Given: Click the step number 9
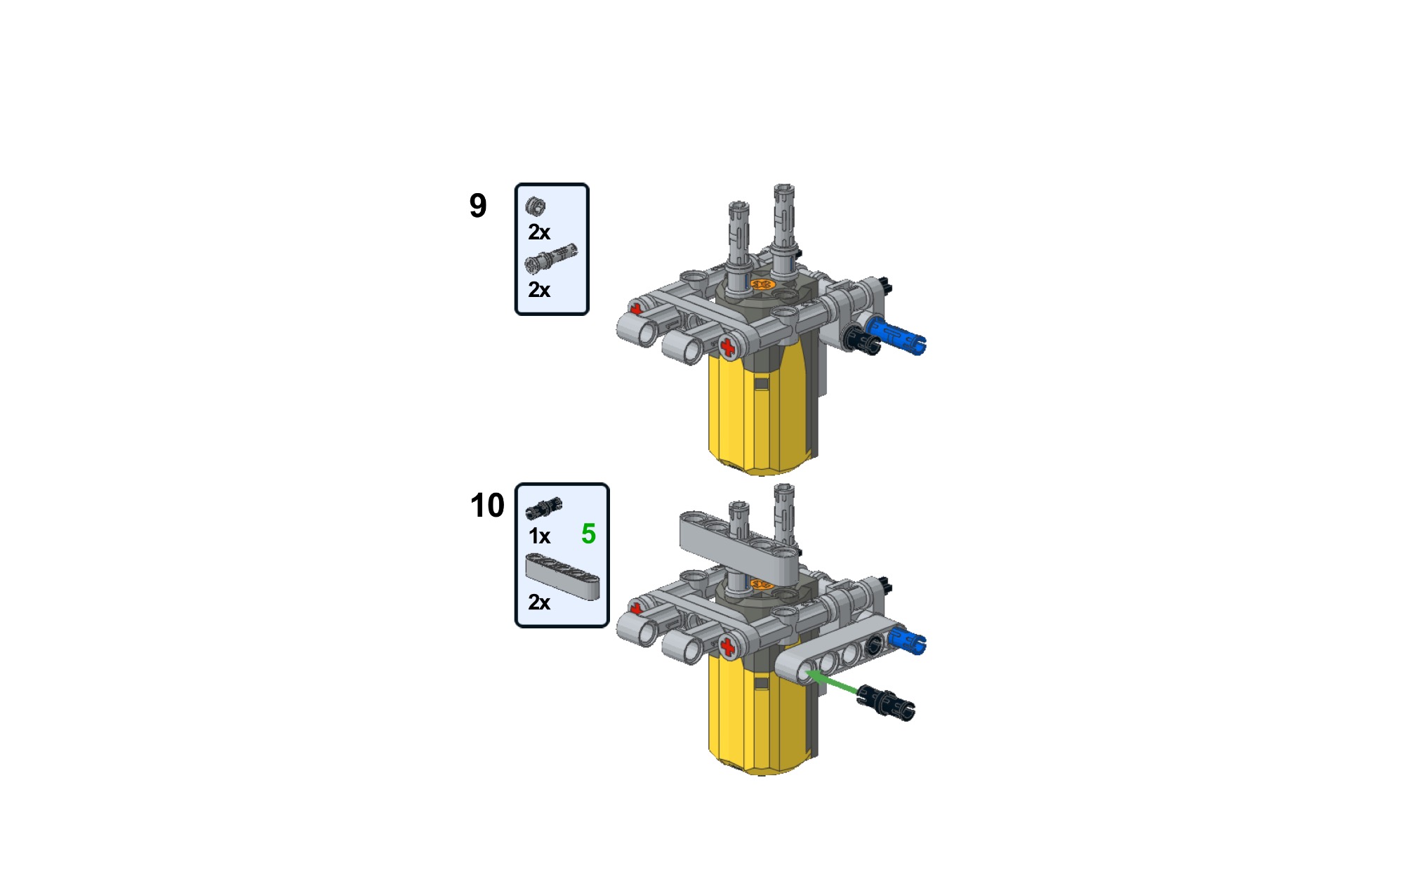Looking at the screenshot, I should tap(478, 206).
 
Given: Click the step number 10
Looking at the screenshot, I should tap(486, 506).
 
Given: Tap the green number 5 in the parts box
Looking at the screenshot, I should tap(588, 534).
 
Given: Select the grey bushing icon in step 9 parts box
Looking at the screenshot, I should tap(535, 206).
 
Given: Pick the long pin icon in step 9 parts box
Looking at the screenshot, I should tap(551, 258).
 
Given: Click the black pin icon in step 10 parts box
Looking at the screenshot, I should tap(544, 507).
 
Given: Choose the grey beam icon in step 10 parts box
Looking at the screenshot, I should tap(562, 575).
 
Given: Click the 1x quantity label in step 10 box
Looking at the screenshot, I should tap(539, 536).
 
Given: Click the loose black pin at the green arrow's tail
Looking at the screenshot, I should tap(886, 703).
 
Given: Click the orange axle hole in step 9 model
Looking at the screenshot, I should tap(762, 284).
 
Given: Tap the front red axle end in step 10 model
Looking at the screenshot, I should tap(728, 647).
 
